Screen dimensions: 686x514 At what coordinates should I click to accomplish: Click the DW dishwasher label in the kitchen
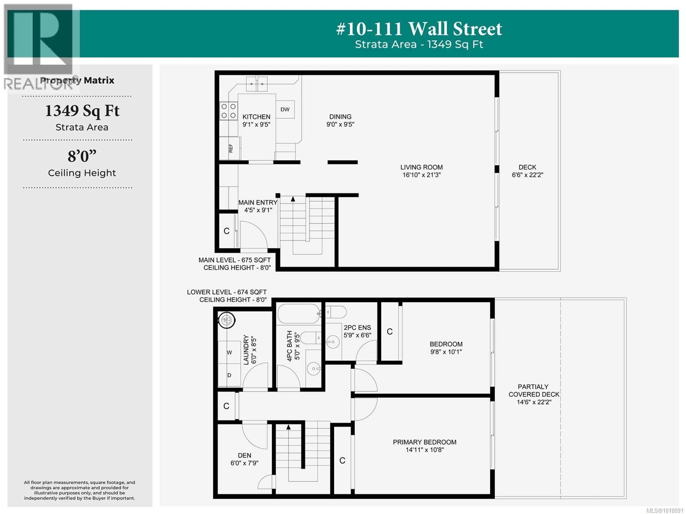click(x=285, y=109)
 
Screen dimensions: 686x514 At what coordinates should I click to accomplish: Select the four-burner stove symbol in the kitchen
click(x=228, y=111)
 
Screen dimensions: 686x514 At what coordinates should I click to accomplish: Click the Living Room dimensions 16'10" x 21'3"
click(x=421, y=175)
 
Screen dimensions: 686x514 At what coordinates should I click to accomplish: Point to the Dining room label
click(x=340, y=117)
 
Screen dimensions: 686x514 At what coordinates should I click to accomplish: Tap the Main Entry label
click(x=258, y=202)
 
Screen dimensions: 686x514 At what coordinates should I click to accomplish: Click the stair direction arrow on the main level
click(x=293, y=199)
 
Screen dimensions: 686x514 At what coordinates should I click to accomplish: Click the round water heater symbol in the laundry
click(x=227, y=320)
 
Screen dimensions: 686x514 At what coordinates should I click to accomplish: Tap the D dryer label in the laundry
click(x=229, y=375)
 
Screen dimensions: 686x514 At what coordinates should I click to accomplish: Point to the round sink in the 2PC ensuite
click(x=333, y=342)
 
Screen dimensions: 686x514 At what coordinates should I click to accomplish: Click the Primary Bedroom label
click(x=425, y=442)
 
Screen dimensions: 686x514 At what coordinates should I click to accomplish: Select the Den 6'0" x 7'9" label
click(x=244, y=459)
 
